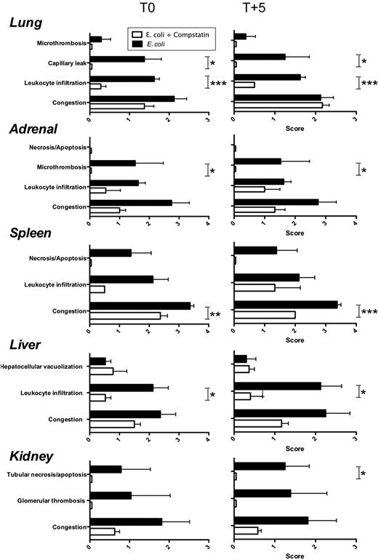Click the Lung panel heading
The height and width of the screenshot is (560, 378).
pyautogui.click(x=25, y=23)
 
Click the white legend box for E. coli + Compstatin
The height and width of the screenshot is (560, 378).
pyautogui.click(x=136, y=33)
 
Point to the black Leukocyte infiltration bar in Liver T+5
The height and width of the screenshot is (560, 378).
pyautogui.click(x=278, y=385)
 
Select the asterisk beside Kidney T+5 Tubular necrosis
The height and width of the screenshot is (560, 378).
pyautogui.click(x=363, y=473)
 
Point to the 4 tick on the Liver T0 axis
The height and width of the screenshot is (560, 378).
pyautogui.click(x=208, y=440)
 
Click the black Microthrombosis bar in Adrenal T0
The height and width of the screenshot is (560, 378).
pyautogui.click(x=113, y=163)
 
